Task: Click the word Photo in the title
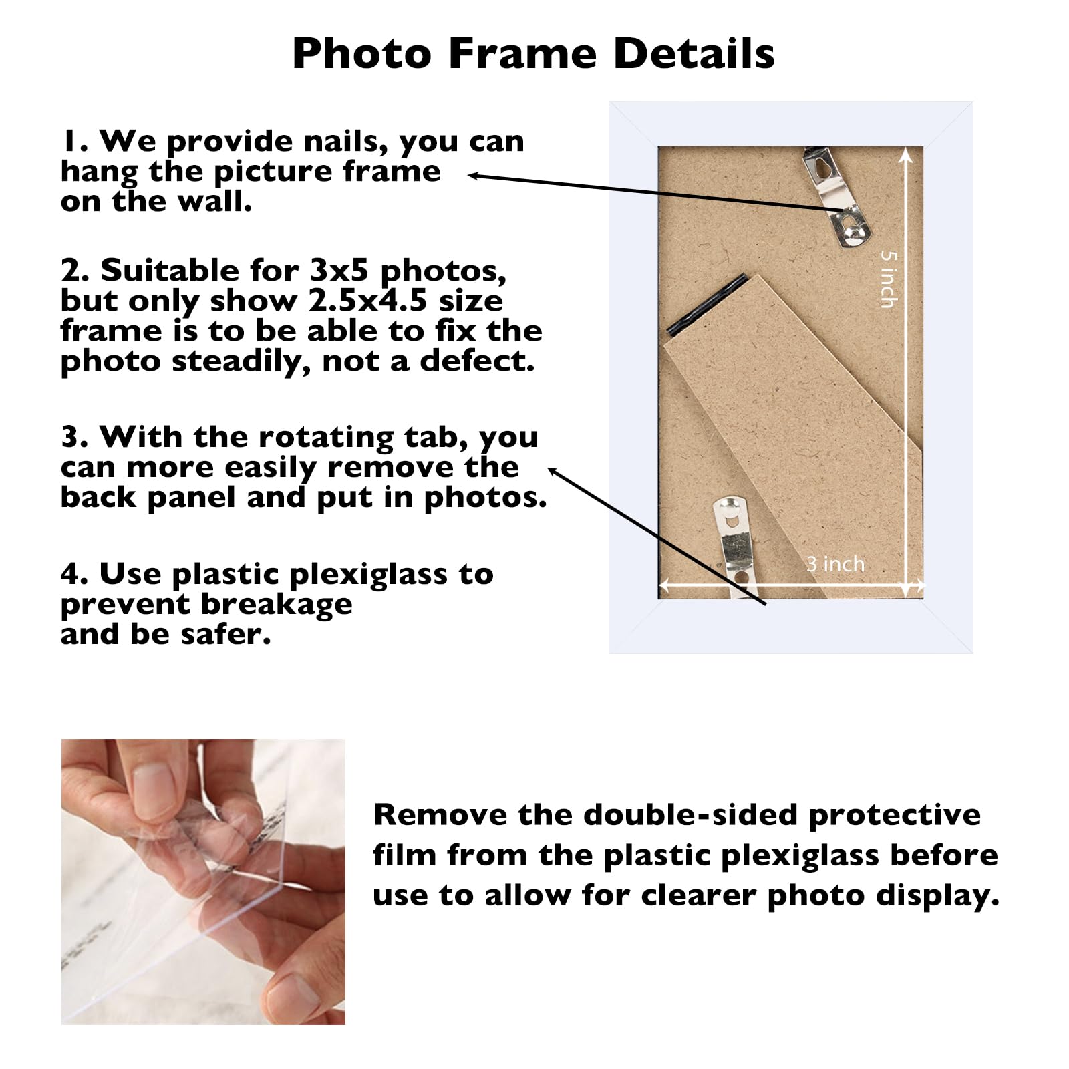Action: coord(361,53)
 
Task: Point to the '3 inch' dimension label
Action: coord(835,564)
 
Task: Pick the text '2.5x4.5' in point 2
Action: coord(367,301)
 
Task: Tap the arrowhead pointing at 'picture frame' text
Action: coord(473,176)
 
